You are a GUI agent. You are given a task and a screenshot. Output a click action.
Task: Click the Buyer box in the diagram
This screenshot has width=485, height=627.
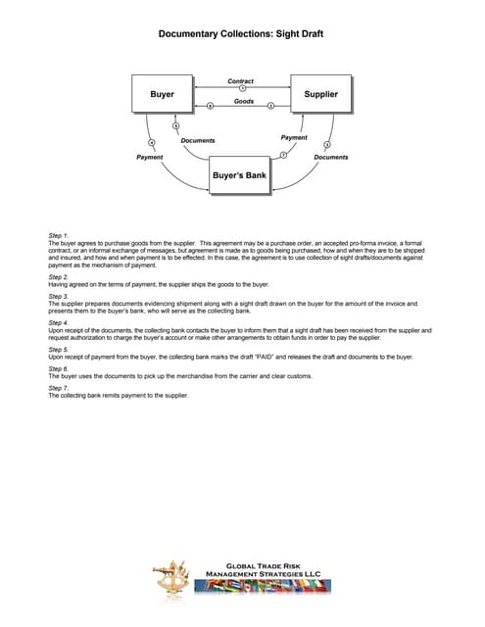tap(163, 95)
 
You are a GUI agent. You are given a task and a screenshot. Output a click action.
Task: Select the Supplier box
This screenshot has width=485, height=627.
tap(321, 95)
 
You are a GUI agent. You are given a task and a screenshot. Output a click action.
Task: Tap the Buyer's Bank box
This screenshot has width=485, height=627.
tap(239, 176)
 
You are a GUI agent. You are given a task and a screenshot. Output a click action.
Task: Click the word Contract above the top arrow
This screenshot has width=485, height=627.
tap(241, 80)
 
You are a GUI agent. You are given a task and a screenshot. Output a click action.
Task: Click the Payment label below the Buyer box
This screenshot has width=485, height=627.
tap(150, 157)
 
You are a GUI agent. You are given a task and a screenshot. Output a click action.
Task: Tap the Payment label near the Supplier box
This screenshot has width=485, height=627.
tap(294, 138)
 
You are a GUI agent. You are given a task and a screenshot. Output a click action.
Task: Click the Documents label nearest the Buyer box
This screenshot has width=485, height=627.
tap(198, 141)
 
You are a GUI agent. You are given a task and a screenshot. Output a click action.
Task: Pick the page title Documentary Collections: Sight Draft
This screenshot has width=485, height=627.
tap(241, 34)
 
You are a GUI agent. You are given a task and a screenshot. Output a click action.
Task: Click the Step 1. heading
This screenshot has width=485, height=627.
tap(59, 235)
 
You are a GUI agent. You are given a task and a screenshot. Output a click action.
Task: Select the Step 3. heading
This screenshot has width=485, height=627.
tap(59, 296)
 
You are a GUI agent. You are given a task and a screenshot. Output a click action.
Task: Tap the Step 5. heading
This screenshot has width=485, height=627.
tap(59, 349)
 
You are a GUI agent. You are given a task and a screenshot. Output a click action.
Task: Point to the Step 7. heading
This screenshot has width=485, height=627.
tap(59, 388)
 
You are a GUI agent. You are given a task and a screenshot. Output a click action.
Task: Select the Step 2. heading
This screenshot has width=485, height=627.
tap(59, 276)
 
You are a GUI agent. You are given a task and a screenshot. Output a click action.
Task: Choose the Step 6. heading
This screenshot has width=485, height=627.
tap(59, 368)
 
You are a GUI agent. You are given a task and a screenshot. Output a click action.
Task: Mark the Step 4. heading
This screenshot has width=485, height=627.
tap(59, 322)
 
